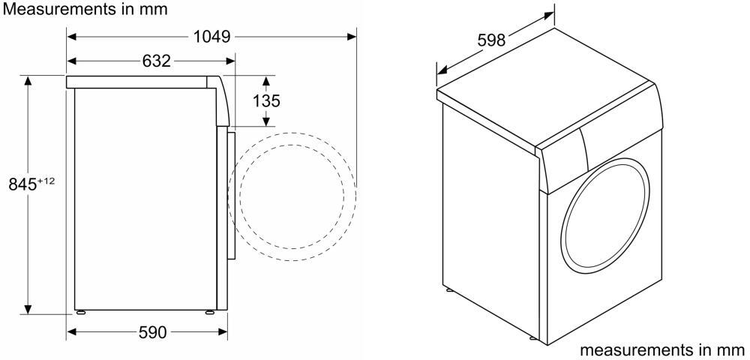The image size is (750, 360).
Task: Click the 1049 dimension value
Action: click(212, 36)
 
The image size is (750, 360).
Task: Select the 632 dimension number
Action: click(157, 61)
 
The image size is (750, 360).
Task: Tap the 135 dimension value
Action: click(266, 101)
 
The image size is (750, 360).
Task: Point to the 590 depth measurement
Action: click(152, 331)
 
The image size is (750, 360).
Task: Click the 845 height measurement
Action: click(23, 184)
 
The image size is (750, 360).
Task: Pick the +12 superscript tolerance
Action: click(46, 180)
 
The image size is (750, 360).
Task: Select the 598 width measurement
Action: click(491, 40)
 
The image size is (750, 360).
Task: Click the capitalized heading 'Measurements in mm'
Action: click(85, 8)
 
